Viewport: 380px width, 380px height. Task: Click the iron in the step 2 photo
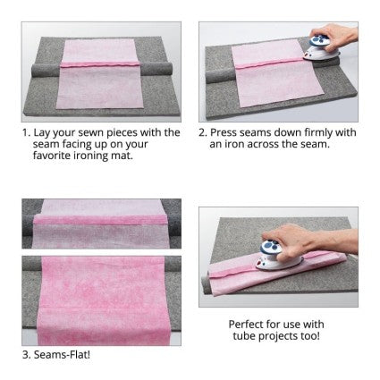(x=317, y=48)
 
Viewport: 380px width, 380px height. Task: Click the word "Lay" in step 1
(x=42, y=133)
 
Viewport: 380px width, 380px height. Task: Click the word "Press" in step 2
(x=224, y=132)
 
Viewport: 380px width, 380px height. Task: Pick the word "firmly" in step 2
(x=318, y=133)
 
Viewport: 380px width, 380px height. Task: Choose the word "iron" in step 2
(x=234, y=144)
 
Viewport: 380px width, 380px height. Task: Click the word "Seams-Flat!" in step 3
(x=62, y=355)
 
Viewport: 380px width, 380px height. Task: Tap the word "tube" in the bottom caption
(x=244, y=336)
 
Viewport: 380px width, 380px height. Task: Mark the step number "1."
(x=26, y=133)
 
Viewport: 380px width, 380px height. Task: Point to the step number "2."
(x=203, y=133)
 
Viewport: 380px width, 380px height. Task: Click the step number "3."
(x=27, y=355)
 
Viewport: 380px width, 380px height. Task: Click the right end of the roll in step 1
(x=169, y=69)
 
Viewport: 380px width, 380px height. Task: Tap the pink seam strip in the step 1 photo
(x=100, y=64)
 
